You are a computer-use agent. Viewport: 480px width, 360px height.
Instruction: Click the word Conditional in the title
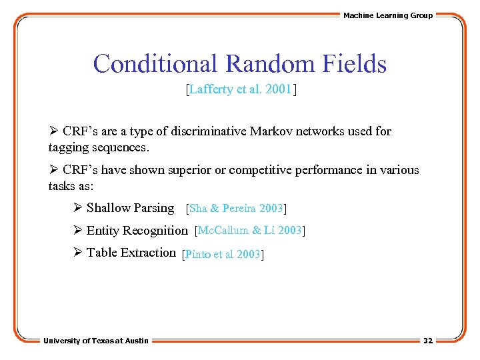[156, 64]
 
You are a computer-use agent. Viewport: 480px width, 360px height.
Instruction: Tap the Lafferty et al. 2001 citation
[240, 89]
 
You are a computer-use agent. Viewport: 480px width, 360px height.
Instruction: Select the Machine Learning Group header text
[387, 15]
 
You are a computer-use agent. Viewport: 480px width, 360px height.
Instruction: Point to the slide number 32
[427, 341]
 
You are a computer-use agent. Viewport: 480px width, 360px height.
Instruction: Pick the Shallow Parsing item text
[130, 208]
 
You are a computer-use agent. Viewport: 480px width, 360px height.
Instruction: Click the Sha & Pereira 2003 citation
[237, 209]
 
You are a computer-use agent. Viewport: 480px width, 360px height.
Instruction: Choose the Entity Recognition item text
[137, 231]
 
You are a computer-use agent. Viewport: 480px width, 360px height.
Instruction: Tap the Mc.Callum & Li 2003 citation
[250, 231]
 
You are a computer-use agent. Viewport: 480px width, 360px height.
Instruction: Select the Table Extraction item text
[131, 253]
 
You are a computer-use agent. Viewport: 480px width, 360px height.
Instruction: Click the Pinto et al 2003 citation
[223, 254]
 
